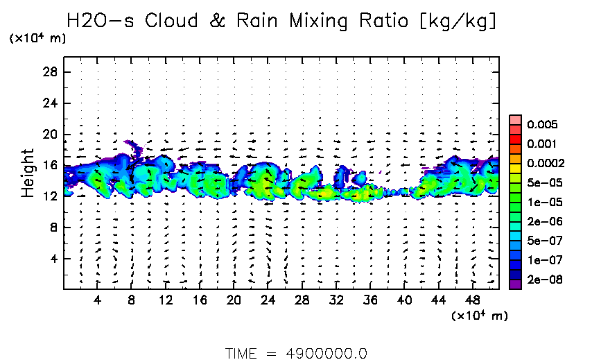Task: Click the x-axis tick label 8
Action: [132, 300]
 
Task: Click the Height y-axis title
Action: [28, 172]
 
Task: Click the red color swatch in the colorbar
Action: [515, 144]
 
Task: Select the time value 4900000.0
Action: [326, 353]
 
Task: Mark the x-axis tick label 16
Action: [200, 300]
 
